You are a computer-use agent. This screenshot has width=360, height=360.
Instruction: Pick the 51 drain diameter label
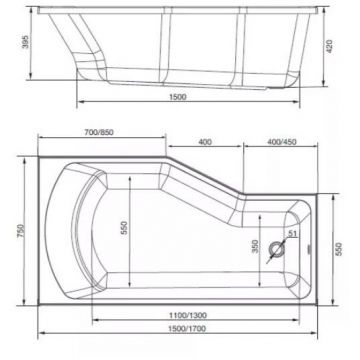click(x=292, y=235)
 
